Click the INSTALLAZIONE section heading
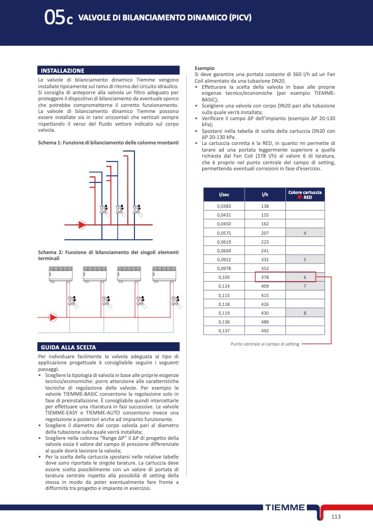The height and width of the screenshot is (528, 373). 62,71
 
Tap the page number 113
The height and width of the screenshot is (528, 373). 337,516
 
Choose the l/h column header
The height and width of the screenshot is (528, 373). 264,195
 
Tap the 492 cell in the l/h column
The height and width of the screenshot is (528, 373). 264,331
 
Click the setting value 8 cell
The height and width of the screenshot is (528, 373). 305,313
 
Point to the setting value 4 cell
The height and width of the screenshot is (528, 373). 305,233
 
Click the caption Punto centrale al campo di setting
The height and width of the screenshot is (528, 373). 264,344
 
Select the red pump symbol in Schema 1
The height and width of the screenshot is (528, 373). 82,224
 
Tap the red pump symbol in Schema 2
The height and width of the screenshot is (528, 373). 53,317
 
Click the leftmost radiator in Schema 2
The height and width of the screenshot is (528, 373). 61,274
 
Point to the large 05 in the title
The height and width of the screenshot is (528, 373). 54,19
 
